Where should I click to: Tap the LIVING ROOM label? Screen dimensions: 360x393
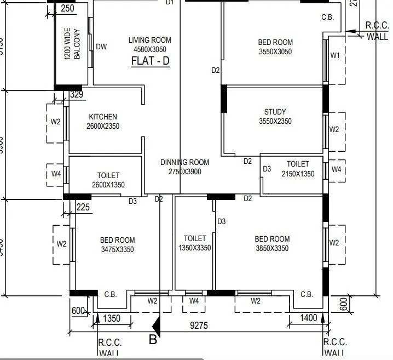pyautogui.click(x=150, y=40)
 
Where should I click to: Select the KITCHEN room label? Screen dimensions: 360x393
pyautogui.click(x=103, y=117)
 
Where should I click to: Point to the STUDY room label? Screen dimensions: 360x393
pyautogui.click(x=275, y=112)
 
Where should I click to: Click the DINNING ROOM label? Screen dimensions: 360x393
pyautogui.click(x=184, y=162)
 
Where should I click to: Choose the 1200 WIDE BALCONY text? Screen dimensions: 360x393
pyautogui.click(x=71, y=44)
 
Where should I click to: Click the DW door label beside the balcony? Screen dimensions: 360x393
pyautogui.click(x=101, y=47)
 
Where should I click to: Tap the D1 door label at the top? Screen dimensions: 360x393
pyautogui.click(x=170, y=3)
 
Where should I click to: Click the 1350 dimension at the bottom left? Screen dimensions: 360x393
pyautogui.click(x=112, y=319)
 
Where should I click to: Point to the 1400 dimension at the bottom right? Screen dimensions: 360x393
pyautogui.click(x=309, y=318)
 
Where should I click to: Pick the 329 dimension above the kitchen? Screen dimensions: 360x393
pyautogui.click(x=77, y=95)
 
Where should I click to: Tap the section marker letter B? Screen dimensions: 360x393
pyautogui.click(x=153, y=340)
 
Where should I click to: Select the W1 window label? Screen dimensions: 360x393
pyautogui.click(x=335, y=55)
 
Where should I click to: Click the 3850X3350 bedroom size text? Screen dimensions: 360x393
pyautogui.click(x=272, y=249)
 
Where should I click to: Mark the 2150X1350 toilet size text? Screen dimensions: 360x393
pyautogui.click(x=298, y=174)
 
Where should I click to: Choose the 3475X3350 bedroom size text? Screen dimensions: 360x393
pyautogui.click(x=117, y=250)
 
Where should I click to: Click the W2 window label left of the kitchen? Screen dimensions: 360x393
pyautogui.click(x=55, y=122)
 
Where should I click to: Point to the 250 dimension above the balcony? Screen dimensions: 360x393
pyautogui.click(x=68, y=9)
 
